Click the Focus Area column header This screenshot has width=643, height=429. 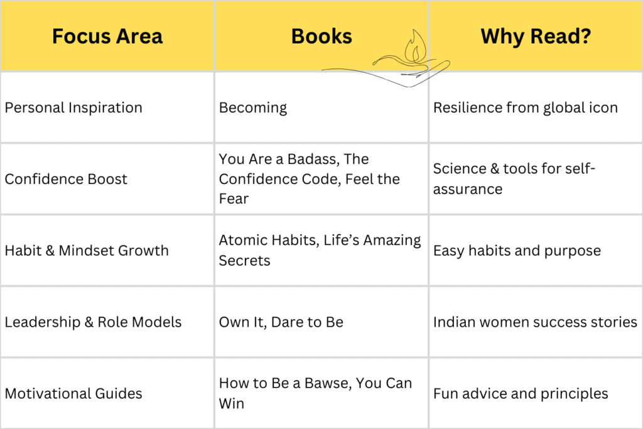pyautogui.click(x=107, y=36)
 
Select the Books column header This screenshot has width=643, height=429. pyautogui.click(x=321, y=36)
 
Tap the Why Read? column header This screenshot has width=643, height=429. pyautogui.click(x=536, y=36)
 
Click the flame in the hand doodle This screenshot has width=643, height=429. pyautogui.click(x=415, y=48)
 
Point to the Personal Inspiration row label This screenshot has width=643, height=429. pyautogui.click(x=73, y=107)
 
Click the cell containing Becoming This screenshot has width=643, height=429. pyautogui.click(x=252, y=107)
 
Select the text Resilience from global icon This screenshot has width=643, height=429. pyautogui.click(x=525, y=107)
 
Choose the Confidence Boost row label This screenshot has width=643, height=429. pyautogui.click(x=66, y=179)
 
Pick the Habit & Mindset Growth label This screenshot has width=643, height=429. pyautogui.click(x=87, y=251)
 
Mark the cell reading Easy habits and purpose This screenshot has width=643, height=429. pyautogui.click(x=517, y=251)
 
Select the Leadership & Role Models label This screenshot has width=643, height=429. pyautogui.click(x=93, y=322)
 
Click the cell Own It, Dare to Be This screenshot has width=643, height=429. pyautogui.click(x=281, y=322)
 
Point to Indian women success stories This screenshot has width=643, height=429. pyautogui.click(x=535, y=322)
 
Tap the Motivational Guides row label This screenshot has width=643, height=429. pyautogui.click(x=73, y=394)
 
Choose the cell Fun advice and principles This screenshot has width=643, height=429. pyautogui.click(x=521, y=394)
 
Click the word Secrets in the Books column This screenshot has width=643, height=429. pyautogui.click(x=244, y=261)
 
